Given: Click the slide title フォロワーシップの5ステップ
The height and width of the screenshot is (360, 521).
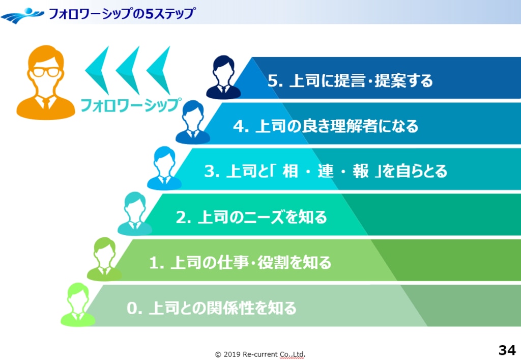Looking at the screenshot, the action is click(x=122, y=14).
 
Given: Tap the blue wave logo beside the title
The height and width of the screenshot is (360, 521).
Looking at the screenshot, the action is click(x=22, y=15).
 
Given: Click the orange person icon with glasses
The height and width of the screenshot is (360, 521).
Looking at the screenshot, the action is click(x=46, y=82).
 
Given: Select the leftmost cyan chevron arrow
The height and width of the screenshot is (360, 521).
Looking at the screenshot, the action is click(x=97, y=70).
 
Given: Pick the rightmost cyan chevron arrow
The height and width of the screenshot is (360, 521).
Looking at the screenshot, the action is click(x=159, y=70).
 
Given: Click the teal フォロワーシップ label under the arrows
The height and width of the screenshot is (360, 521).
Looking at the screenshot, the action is click(x=131, y=105).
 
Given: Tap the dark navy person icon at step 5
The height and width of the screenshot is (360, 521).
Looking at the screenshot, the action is click(x=223, y=77).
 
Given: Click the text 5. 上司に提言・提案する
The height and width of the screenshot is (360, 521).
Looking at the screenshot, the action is click(x=350, y=80).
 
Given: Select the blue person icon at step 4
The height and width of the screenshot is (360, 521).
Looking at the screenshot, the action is click(x=193, y=122).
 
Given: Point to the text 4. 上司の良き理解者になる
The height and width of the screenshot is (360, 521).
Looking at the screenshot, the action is click(x=326, y=126).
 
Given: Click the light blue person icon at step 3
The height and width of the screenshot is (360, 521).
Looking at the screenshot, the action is click(x=164, y=168).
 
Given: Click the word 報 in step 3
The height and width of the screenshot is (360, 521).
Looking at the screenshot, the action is click(x=361, y=171).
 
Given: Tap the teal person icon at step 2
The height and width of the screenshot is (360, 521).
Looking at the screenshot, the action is click(x=134, y=213).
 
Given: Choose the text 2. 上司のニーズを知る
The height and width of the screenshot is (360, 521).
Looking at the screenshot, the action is click(x=251, y=217).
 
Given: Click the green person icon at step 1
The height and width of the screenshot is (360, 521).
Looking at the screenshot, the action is click(x=104, y=259).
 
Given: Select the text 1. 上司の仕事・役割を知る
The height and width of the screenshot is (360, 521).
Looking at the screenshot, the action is click(x=240, y=262).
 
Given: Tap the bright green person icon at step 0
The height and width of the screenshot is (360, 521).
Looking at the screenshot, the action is click(x=78, y=304).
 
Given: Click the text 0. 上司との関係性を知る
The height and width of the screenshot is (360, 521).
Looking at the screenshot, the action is click(x=212, y=308).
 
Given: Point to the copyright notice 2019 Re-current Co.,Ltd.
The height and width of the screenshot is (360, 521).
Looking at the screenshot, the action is click(x=260, y=354).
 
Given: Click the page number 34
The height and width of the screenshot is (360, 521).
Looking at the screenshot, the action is click(x=507, y=350).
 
